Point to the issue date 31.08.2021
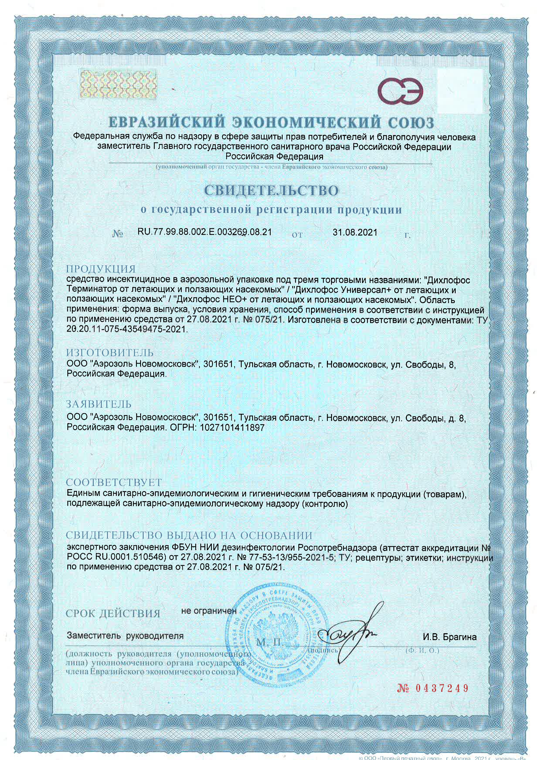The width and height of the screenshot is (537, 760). pos(355,232)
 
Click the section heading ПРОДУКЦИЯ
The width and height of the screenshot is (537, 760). pos(101,269)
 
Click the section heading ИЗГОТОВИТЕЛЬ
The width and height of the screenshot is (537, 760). pos(110,353)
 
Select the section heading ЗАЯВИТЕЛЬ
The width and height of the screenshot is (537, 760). pos(99,404)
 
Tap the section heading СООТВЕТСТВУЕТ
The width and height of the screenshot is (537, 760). pos(114,482)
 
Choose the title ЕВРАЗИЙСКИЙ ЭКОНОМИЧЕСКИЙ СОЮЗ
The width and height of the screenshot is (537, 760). pos(271,123)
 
